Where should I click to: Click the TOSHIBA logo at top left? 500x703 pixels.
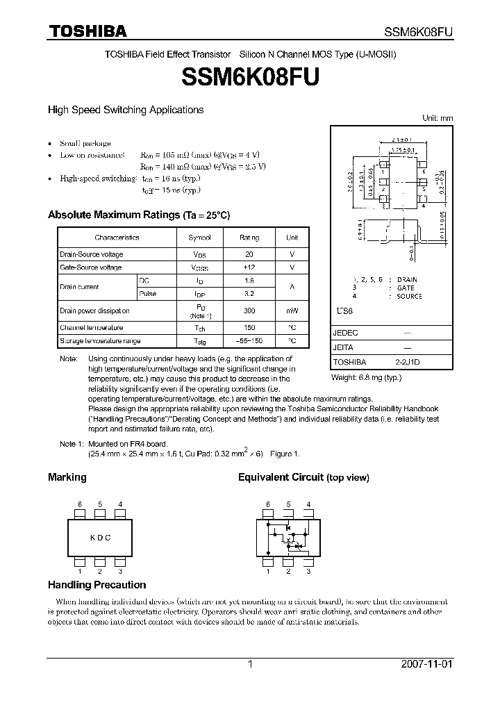click(x=87, y=31)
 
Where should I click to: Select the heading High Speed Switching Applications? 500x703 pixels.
click(x=125, y=110)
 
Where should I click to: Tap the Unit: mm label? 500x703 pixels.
click(x=437, y=118)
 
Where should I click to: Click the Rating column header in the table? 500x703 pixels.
click(x=249, y=238)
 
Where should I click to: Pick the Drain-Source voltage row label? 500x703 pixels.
click(x=91, y=254)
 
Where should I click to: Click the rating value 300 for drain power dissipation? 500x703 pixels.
click(x=249, y=311)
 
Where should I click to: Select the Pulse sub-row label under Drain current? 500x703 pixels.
click(x=148, y=294)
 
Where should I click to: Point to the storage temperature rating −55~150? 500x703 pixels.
click(x=249, y=341)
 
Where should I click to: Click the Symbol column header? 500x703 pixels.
click(x=199, y=238)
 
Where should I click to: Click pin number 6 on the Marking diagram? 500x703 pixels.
click(x=80, y=504)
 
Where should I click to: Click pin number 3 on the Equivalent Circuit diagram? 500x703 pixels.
click(x=308, y=571)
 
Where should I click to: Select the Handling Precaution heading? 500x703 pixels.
click(x=97, y=585)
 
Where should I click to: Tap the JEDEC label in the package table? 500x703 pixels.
click(x=346, y=333)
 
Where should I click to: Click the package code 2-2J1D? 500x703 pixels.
click(x=407, y=362)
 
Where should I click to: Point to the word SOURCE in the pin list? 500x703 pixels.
click(x=409, y=296)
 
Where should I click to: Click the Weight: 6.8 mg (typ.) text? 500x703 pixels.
click(x=366, y=377)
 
